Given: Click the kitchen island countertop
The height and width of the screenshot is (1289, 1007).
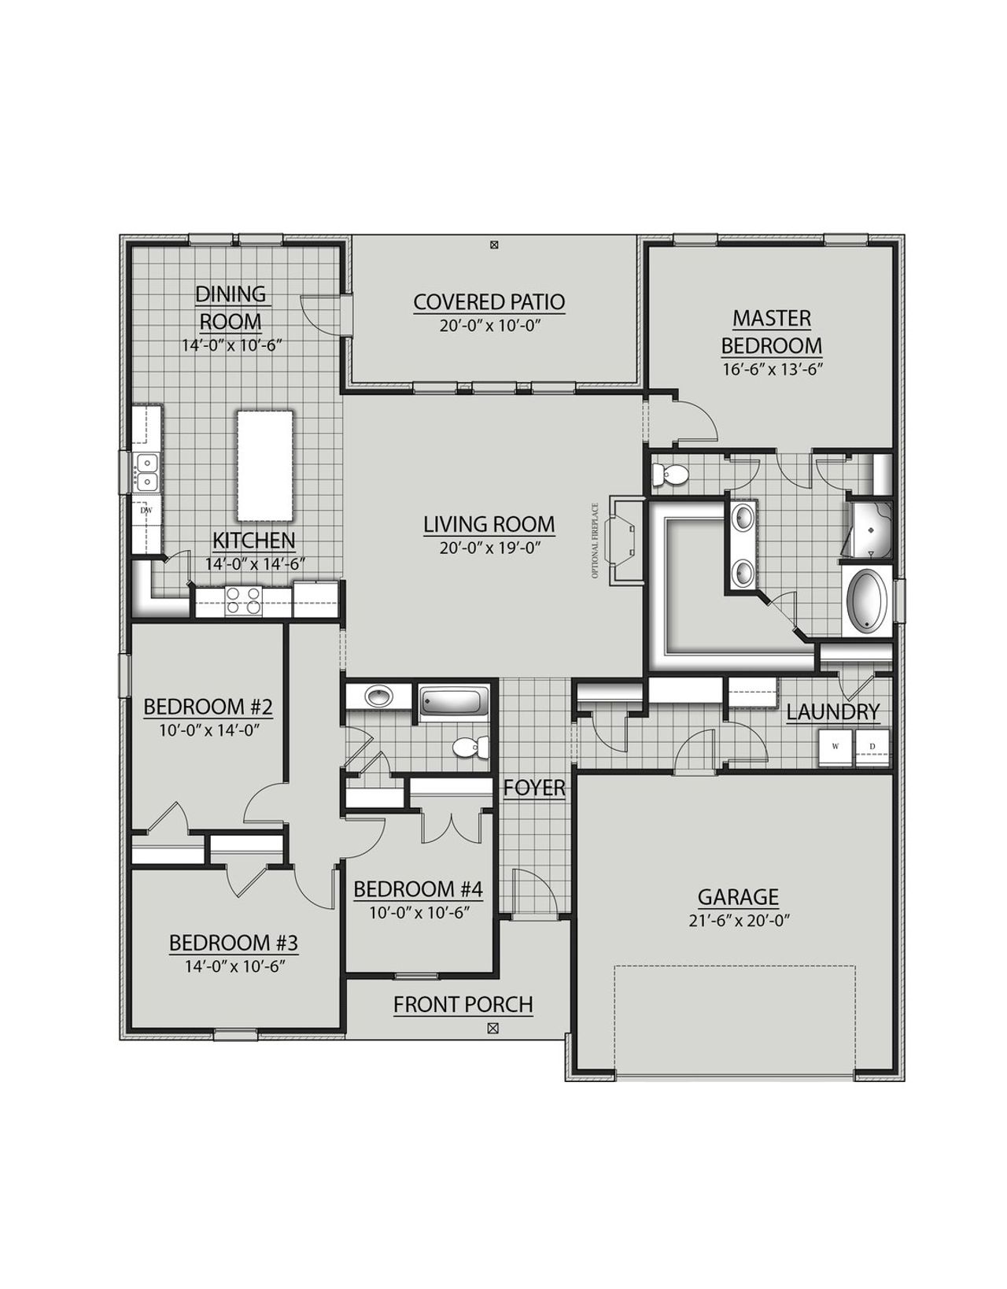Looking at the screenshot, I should coord(265,465).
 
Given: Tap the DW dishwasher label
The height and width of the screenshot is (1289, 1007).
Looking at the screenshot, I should coord(146,510).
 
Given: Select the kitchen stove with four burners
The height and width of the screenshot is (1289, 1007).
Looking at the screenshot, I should coord(244,602).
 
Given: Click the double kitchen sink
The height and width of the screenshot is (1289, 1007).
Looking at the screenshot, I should coord(146,471).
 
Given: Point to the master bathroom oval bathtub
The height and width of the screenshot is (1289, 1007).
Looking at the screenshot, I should coord(866,602).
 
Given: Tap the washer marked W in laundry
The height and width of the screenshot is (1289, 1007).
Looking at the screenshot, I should coord(835,747).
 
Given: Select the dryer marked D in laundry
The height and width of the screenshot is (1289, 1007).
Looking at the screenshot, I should coord(872,747).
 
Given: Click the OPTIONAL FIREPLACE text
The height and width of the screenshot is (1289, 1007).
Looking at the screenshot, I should coord(596,541).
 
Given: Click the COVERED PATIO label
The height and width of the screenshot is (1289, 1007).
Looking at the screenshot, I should coord(489,302).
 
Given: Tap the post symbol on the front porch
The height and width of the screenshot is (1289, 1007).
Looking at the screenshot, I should coord(493,1028).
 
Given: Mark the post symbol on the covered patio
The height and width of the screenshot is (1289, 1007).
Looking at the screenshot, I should coord(493,246).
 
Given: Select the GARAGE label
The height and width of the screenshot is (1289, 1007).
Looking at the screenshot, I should coord(738,897).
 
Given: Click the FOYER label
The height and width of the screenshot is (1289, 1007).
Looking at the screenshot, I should coord(534,788).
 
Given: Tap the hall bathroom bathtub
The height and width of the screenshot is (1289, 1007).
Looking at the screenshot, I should coord(453,701).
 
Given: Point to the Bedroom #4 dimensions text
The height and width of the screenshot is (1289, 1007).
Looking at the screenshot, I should coord(419,913).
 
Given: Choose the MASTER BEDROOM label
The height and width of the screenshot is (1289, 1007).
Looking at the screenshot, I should coord(772,331).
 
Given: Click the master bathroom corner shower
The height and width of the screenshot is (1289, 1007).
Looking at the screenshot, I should coord(871,530).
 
